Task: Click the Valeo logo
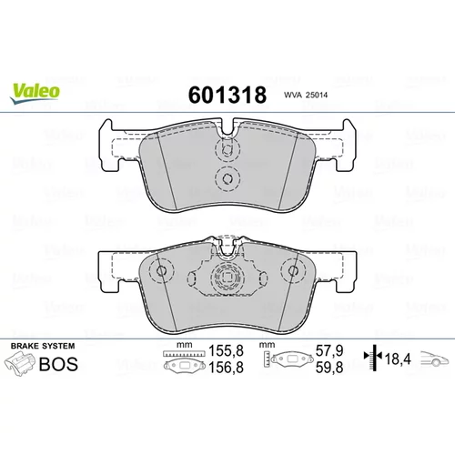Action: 35,93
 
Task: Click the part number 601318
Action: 227,95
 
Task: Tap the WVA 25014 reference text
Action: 306,96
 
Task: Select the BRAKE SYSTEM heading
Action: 43,346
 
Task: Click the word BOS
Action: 58,364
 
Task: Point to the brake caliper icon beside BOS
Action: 19,364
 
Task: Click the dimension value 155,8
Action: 227,351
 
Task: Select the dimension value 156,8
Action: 227,368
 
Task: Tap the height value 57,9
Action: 329,351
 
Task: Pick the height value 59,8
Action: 329,368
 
